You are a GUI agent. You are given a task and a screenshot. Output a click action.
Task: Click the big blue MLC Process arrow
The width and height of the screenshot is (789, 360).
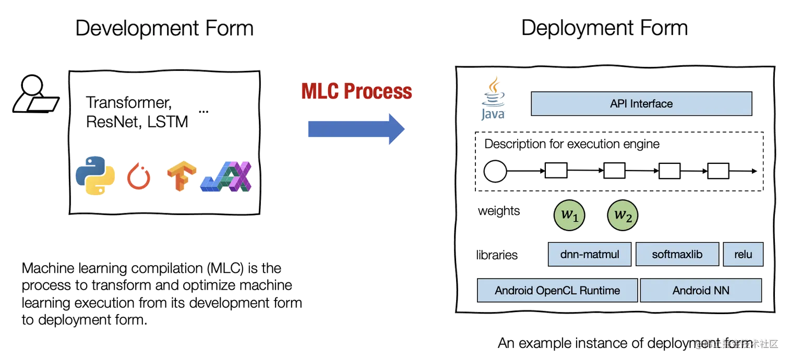coord(355,128)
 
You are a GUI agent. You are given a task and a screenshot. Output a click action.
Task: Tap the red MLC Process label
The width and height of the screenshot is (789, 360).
coord(356,92)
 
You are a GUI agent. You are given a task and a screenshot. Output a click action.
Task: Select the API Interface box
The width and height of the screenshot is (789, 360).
coord(641,104)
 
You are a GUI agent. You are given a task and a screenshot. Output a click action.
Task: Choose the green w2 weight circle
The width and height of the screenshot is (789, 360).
coord(623,215)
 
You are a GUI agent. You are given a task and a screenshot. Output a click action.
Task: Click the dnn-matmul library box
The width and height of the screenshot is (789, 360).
coord(590,255)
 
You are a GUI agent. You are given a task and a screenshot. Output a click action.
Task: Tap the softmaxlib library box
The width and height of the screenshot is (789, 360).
coord(677,255)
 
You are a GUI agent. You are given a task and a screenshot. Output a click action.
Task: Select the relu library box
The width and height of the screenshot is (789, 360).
coord(743,255)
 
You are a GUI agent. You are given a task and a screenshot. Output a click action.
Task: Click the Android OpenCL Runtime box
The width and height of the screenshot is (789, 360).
coord(557,291)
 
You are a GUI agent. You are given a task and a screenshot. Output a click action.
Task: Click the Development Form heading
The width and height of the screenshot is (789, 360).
coord(165,28)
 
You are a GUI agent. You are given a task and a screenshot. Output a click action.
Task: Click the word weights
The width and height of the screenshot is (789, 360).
coord(499,211)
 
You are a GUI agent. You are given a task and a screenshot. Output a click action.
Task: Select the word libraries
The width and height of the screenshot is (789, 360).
coord(497,255)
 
